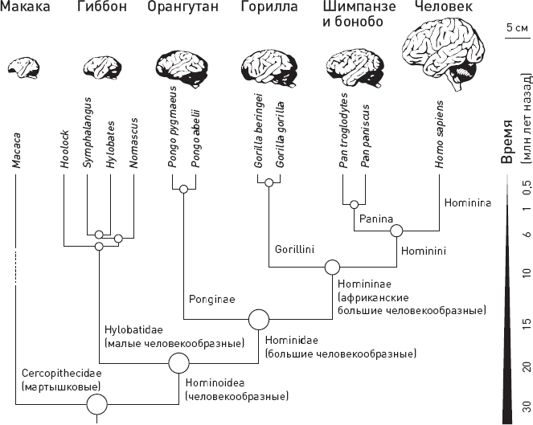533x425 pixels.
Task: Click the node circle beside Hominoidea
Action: pos(178,364)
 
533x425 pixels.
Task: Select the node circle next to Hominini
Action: pos(396,231)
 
